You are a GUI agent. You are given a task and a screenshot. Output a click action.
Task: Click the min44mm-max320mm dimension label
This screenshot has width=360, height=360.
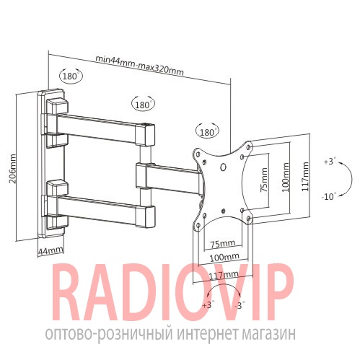pos(139,66)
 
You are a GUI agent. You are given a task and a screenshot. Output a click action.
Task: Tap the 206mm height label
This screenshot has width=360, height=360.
pos(12,169)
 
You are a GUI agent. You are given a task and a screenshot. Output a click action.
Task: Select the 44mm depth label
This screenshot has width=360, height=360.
pos(51,250)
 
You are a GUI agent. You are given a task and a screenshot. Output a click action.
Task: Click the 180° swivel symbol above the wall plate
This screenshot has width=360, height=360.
pos(71,76)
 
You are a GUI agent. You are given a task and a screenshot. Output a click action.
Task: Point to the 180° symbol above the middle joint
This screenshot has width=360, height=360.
pos(143,104)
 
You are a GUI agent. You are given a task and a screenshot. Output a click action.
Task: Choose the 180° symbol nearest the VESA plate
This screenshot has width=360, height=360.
pos(208,132)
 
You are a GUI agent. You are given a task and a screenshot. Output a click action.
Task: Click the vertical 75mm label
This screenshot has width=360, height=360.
pos(264,180)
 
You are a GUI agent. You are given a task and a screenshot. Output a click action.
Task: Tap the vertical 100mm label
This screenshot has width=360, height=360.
pos(286,177)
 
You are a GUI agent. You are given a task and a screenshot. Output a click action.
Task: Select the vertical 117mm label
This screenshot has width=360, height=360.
pos(305,176)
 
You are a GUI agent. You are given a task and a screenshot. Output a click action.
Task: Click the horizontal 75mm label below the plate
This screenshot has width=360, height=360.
pos(223,244)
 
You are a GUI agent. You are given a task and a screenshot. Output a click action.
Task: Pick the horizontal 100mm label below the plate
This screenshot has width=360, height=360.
pos(224,258)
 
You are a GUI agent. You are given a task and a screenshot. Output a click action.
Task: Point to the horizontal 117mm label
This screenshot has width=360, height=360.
pos(224,275)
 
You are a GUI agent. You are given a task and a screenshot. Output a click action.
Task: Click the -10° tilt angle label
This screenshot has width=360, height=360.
pos(328,197)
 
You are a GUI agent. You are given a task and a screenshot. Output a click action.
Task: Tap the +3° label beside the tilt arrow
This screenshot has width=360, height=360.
pos(329,162)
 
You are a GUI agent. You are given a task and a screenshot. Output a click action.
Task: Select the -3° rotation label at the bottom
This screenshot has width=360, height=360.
pos(240,305)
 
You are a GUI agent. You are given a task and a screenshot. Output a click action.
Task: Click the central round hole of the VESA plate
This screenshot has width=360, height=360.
pos(224,167)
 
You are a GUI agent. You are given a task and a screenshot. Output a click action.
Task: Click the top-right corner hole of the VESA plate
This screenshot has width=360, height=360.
pos(249,146)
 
